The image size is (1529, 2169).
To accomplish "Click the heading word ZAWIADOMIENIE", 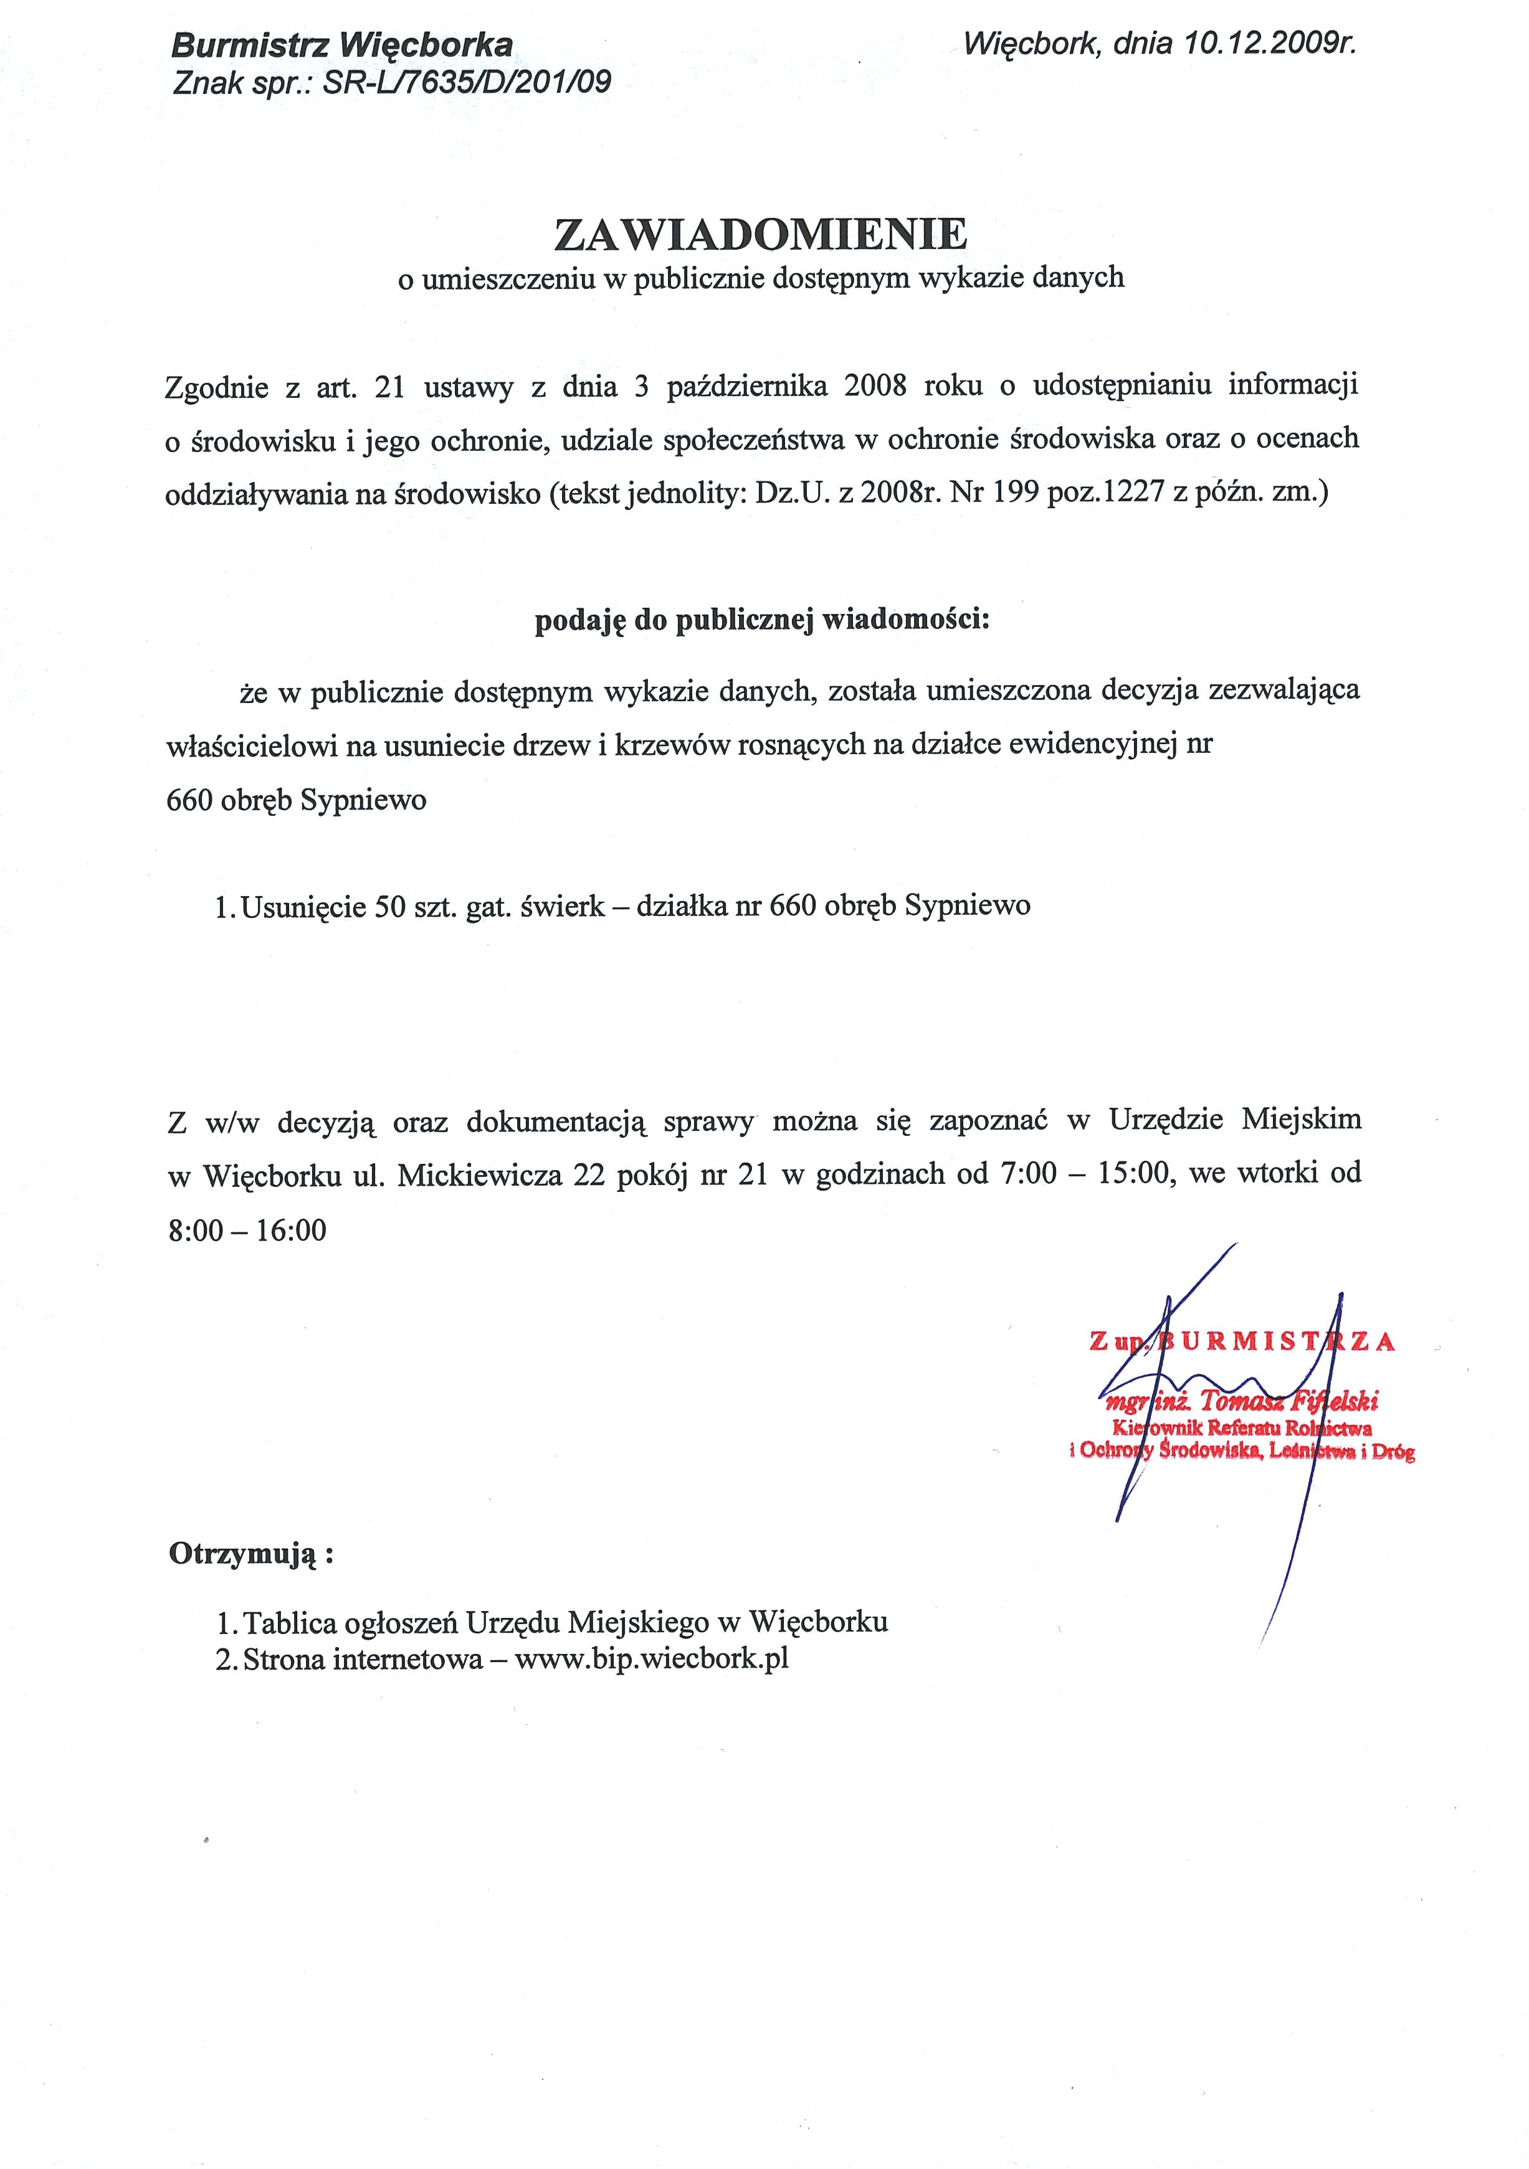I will tap(761, 234).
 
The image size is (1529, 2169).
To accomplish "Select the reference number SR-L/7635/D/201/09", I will tap(467, 83).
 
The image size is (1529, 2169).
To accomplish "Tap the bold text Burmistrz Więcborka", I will tap(342, 44).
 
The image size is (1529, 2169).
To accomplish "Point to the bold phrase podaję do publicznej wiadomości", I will tap(761, 621).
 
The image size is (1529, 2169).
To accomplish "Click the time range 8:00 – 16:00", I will tap(247, 1230).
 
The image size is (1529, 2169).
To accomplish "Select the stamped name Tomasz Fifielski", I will tap(1287, 1401).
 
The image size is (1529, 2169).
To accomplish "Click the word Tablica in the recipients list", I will tap(290, 1623).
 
